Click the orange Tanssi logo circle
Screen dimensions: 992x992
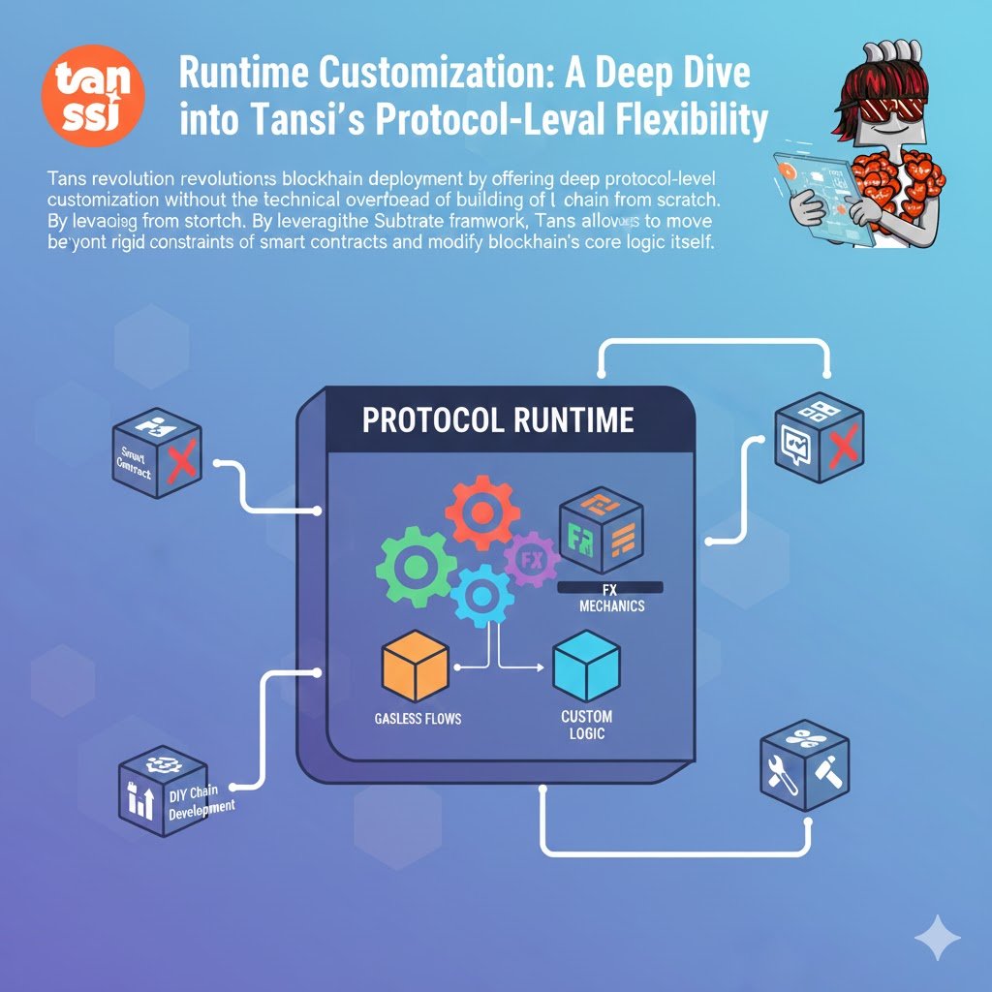click(x=94, y=95)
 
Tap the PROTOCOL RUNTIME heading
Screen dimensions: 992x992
click(x=498, y=419)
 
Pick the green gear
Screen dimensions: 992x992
click(x=417, y=568)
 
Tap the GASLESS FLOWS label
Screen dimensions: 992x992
click(x=418, y=719)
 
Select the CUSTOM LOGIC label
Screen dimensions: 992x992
click(x=586, y=725)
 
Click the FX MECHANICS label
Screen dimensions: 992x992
click(x=610, y=598)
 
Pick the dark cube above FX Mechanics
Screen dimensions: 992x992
click(x=601, y=534)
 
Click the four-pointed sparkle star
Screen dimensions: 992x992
click(x=938, y=938)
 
